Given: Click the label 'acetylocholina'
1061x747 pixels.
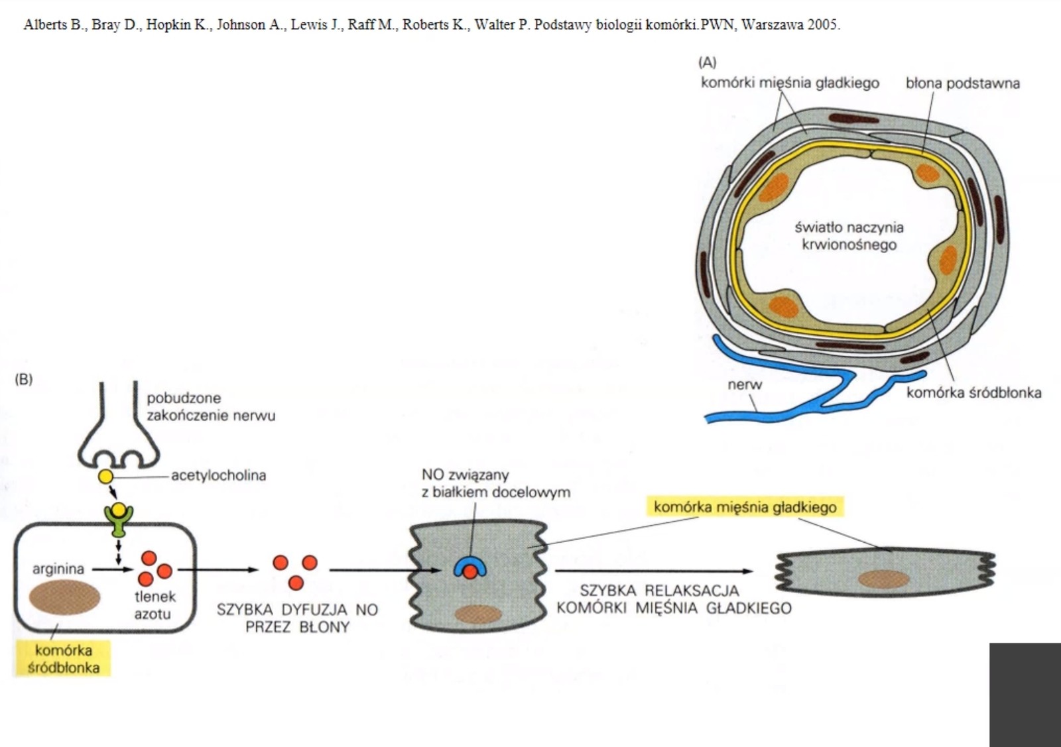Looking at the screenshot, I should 218,475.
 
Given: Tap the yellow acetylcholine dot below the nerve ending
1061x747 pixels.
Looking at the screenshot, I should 105,476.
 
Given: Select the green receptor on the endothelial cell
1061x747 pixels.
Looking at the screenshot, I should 119,520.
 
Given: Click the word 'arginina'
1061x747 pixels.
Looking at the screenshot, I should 58,569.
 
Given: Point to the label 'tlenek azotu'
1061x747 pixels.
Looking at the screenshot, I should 154,605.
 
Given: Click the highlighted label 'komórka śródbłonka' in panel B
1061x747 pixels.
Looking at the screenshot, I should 63,659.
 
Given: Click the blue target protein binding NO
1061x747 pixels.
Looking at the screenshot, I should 469,567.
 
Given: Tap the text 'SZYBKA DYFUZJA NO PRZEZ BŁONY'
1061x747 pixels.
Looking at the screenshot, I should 297,618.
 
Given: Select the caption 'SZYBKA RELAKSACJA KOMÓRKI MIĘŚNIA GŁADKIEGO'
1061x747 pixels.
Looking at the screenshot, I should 674,599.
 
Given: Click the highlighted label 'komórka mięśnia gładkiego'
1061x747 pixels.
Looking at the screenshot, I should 745,507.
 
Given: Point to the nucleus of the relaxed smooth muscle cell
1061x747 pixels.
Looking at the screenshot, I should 883,579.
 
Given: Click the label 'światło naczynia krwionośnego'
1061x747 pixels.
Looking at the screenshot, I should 849,236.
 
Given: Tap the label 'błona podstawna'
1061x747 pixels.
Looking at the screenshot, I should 962,84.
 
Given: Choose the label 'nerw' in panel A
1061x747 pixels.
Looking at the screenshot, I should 745,384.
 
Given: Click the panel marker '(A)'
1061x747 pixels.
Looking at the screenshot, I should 708,62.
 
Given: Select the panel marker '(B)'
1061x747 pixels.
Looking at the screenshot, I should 23,379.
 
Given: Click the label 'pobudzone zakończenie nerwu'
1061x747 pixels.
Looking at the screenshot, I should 210,406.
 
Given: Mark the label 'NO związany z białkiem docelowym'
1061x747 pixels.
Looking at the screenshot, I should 495,483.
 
